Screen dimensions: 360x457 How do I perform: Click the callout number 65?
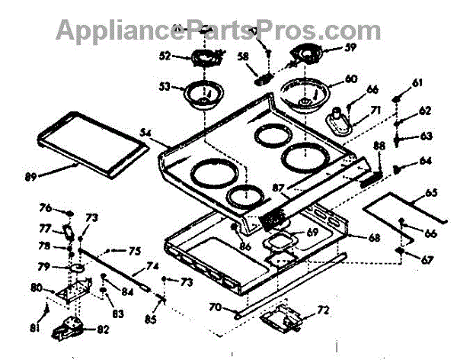431,193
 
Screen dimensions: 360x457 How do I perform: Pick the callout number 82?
101,330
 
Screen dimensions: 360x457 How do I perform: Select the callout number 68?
374,238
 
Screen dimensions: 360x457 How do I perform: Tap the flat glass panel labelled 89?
90,140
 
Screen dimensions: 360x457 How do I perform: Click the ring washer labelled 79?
77,268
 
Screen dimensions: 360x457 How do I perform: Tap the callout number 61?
417,83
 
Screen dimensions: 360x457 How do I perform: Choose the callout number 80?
37,288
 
